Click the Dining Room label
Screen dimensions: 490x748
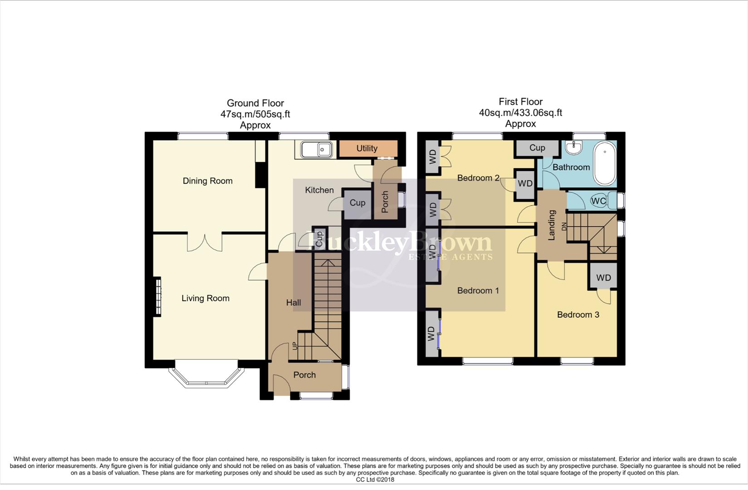[207, 181]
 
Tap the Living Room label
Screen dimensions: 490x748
[205, 298]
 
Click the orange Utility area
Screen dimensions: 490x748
[367, 148]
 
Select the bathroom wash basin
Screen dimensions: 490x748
[574, 147]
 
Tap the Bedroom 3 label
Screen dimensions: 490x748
[578, 314]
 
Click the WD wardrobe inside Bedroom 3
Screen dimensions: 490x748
[603, 277]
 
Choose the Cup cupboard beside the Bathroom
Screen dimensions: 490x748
[537, 147]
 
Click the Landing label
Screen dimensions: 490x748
[552, 225]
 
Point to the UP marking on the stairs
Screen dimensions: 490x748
[295, 346]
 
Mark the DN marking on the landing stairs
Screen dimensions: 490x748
[565, 227]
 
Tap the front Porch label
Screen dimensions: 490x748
[304, 375]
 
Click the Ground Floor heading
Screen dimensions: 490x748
[255, 103]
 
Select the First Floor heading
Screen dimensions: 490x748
[520, 102]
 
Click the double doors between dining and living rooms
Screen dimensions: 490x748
[205, 241]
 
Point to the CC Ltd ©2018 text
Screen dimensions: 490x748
[375, 480]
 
